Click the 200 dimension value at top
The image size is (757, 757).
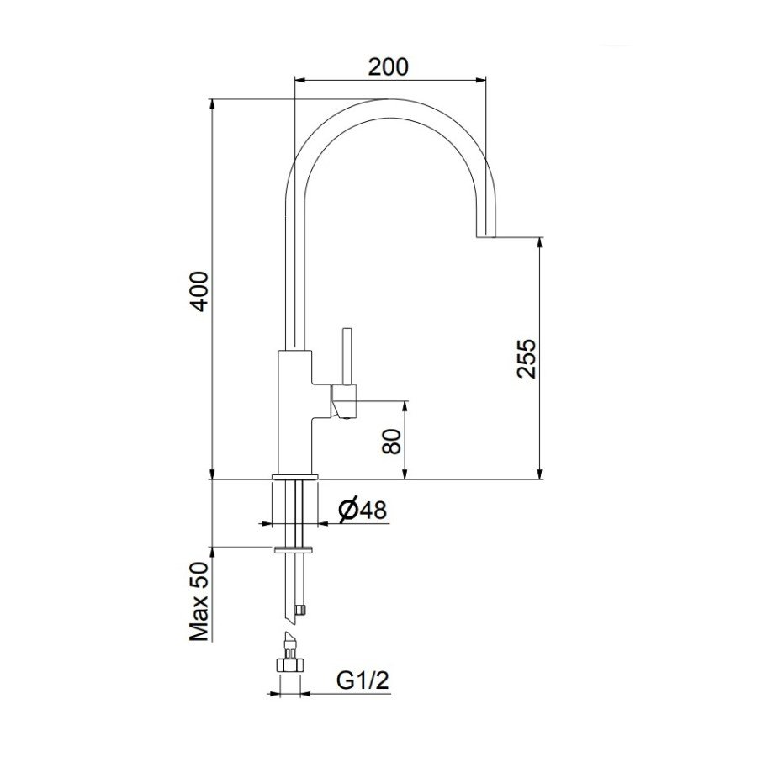[x=389, y=66]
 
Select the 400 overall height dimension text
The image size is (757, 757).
[x=199, y=291]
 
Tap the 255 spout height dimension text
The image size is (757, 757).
[x=526, y=358]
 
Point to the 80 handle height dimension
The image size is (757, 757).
[x=392, y=440]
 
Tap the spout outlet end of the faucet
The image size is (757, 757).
[x=486, y=236]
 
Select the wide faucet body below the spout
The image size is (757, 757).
[x=294, y=412]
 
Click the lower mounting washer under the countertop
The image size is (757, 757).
[x=294, y=551]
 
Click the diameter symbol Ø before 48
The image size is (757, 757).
[x=347, y=509]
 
